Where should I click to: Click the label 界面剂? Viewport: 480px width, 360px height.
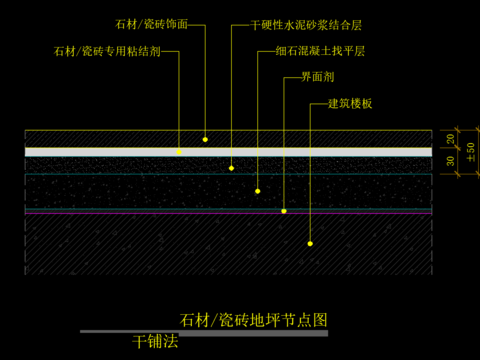coord(316,77)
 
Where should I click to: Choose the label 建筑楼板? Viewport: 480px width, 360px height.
coord(350,103)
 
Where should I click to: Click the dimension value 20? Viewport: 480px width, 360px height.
coord(450,138)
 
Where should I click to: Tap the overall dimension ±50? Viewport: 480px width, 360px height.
coord(471,150)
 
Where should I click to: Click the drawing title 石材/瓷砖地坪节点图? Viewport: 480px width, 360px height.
coord(254,320)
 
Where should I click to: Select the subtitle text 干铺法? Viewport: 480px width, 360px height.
coord(154,342)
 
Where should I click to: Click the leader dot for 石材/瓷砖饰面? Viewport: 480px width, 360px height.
coord(205,139)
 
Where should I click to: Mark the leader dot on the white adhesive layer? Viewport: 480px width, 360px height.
coord(180,152)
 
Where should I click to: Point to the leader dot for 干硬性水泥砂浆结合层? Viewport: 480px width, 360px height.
coord(232,168)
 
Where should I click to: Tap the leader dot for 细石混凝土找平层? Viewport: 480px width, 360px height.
coord(258,190)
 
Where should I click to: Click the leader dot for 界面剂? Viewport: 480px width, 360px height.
coord(284,211)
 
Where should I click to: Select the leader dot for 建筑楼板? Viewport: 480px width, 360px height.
coord(310,243)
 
